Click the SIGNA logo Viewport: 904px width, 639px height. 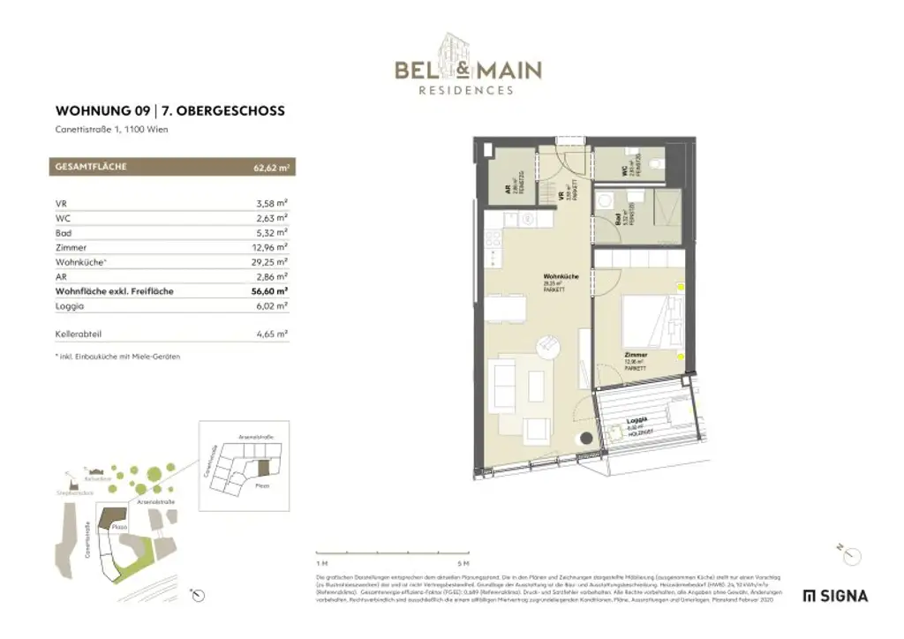coord(835,596)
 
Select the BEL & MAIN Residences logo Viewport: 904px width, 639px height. coord(467,65)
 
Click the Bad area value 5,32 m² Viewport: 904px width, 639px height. coord(272,233)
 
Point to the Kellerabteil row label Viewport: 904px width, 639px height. coord(78,335)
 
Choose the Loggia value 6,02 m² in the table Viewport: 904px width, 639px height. coord(272,305)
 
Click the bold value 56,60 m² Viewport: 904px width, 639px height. coord(270,290)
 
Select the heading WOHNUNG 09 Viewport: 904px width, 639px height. coord(102,111)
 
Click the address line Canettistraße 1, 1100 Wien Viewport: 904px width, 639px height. coord(111,130)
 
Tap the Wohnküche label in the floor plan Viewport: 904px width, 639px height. coord(560,278)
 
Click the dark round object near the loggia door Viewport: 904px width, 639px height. coord(586,439)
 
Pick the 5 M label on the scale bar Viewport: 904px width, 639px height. coord(463,562)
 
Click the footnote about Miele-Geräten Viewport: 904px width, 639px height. coord(117,357)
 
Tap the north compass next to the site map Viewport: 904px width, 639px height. coord(200,595)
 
